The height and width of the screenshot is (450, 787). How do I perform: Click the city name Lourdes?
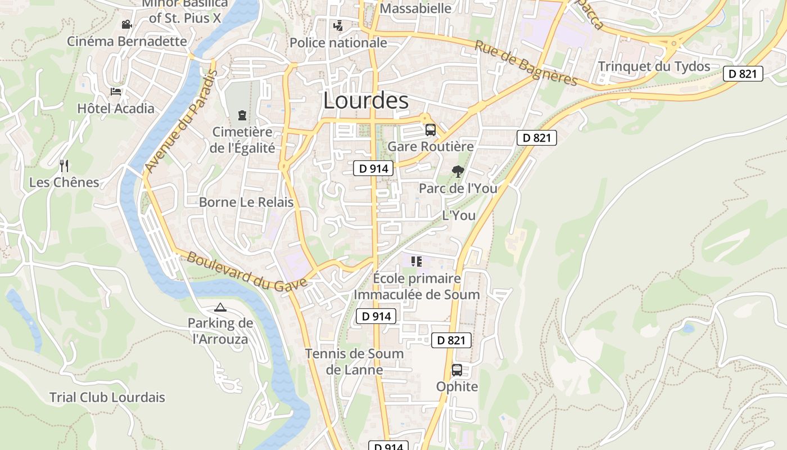(x=366, y=100)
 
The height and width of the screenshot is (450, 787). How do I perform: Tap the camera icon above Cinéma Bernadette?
(x=126, y=24)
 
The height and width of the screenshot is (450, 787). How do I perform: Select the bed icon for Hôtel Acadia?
(x=116, y=91)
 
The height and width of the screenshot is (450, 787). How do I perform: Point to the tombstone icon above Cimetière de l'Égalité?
(x=242, y=115)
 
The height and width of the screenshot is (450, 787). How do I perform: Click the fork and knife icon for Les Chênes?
(x=64, y=165)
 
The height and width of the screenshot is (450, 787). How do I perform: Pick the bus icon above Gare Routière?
(x=431, y=130)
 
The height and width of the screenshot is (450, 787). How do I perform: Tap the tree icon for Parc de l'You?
(x=458, y=171)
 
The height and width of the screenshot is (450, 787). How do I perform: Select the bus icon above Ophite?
(x=457, y=370)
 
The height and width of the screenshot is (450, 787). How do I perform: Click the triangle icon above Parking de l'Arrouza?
(x=220, y=307)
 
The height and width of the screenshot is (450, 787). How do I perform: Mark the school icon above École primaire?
(x=417, y=261)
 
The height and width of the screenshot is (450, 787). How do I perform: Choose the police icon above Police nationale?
(x=338, y=25)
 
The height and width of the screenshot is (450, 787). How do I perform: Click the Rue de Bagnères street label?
(x=526, y=64)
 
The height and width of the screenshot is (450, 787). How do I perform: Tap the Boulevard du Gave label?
(x=247, y=271)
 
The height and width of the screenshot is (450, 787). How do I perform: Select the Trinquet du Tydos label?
(x=654, y=66)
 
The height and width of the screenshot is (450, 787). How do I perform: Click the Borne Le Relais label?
(x=246, y=202)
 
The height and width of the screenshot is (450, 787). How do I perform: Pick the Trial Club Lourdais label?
(x=107, y=397)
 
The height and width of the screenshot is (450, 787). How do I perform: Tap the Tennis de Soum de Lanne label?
(x=354, y=362)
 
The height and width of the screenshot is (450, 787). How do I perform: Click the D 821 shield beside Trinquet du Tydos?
(x=743, y=74)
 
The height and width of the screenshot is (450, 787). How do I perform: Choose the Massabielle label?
(x=415, y=8)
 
